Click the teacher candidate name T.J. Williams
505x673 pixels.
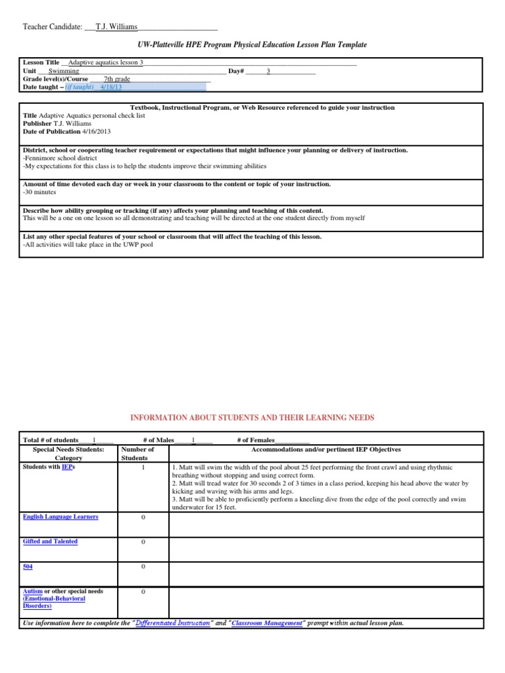(116, 27)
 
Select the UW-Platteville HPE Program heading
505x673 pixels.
(252, 44)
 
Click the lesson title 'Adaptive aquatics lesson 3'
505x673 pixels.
(105, 62)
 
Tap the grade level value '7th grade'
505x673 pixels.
(117, 79)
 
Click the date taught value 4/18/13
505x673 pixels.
(111, 87)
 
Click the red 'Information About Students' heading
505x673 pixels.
(252, 417)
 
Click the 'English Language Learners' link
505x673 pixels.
(60, 517)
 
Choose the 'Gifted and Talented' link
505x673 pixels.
(50, 542)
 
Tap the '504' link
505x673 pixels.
(28, 566)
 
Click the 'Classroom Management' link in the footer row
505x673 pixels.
(268, 622)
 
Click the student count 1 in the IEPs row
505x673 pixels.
(143, 467)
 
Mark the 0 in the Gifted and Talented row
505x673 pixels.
(143, 542)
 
